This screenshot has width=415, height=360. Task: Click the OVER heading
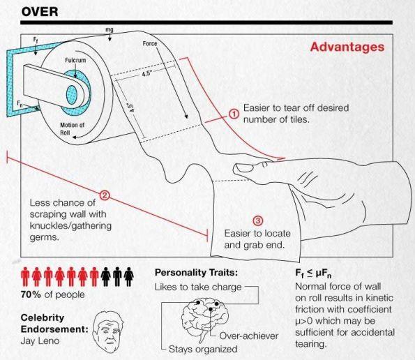(40, 12)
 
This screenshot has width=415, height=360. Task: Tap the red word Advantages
(347, 47)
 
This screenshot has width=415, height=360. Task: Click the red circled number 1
(234, 114)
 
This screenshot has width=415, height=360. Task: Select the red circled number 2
(105, 195)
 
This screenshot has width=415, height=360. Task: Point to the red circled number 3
(258, 221)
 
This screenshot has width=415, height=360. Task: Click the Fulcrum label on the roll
(75, 61)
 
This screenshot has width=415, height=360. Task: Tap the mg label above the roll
(110, 29)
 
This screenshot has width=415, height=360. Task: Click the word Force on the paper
(150, 43)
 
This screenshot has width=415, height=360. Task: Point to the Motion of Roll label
(72, 128)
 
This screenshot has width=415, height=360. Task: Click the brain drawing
(205, 317)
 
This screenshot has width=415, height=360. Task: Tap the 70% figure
(31, 294)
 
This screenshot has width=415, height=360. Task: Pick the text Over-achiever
(249, 336)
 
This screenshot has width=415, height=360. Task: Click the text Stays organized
(203, 349)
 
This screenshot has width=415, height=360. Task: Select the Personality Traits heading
(196, 272)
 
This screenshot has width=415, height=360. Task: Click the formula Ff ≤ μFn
(313, 273)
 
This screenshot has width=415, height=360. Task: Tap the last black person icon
(129, 276)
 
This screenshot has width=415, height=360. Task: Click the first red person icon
(25, 276)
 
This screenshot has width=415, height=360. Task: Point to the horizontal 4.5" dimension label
(146, 74)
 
